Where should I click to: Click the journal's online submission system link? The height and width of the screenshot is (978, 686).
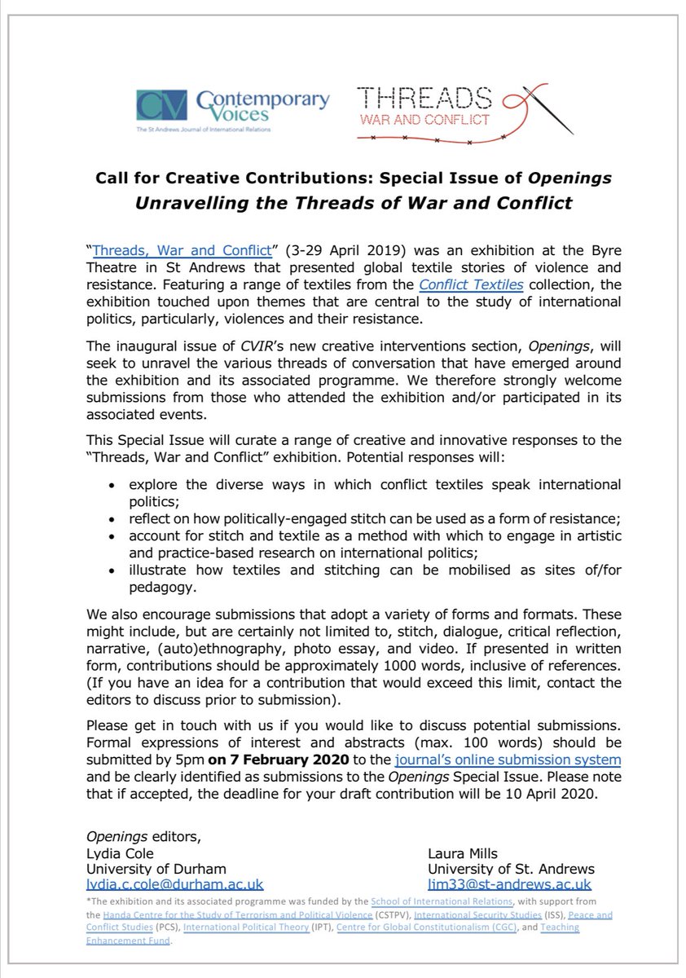[507, 760]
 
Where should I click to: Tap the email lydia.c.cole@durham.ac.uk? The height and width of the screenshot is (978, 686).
[175, 884]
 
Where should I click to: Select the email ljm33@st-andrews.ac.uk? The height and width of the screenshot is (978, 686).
[510, 884]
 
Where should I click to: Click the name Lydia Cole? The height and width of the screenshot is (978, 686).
[120, 852]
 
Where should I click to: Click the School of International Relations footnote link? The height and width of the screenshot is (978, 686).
[441, 903]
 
